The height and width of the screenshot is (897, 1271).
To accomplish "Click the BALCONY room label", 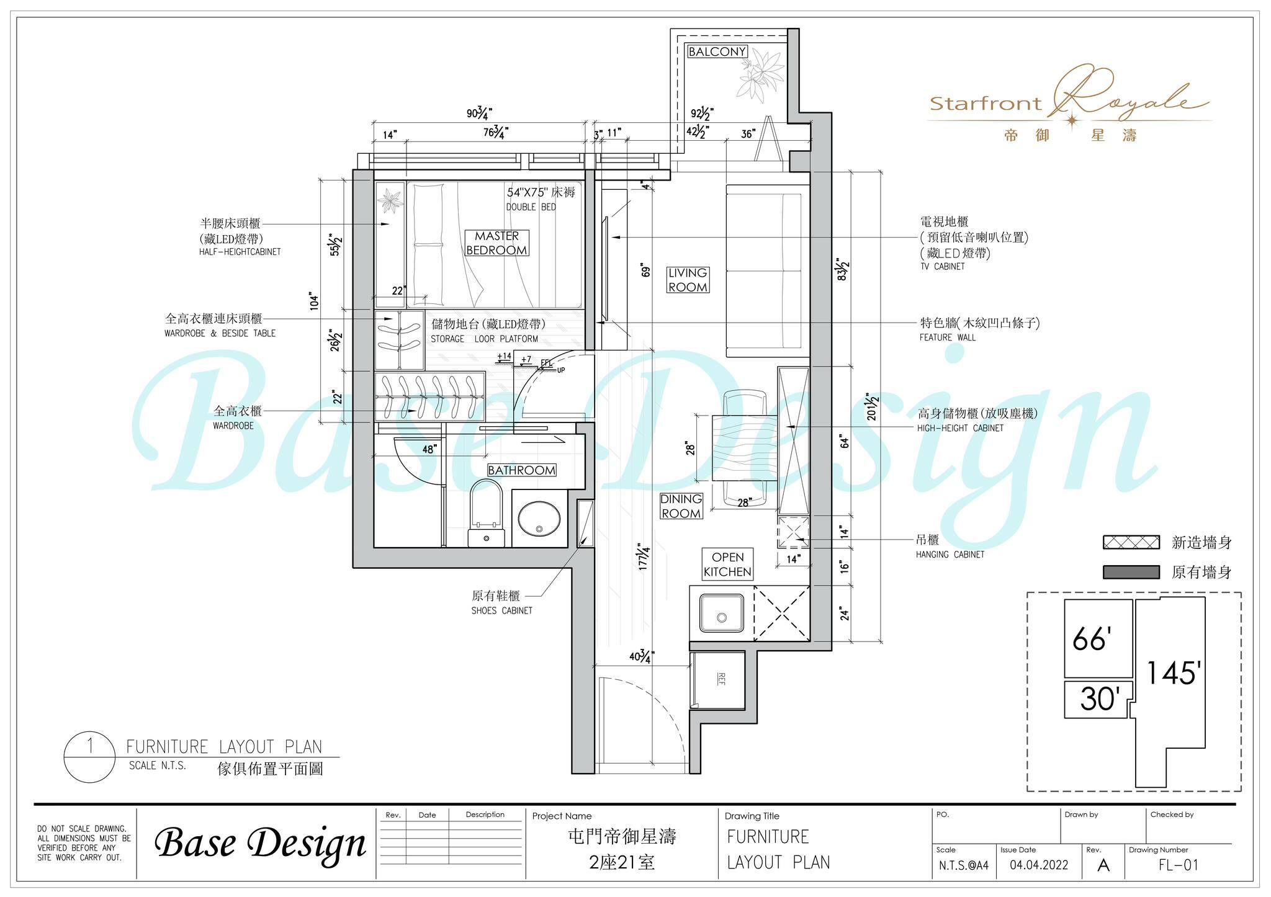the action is [717, 51].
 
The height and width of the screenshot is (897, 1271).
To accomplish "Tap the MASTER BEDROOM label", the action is [496, 243].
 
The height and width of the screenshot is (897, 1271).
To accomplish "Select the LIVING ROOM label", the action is [688, 280].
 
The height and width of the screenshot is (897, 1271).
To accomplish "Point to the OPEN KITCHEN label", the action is [727, 565].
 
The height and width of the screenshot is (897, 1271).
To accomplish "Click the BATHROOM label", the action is [521, 470].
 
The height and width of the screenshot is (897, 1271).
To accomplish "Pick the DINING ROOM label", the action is [681, 506].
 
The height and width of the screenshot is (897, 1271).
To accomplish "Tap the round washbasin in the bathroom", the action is [539, 518].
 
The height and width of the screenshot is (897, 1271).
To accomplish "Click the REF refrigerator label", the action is [721, 679].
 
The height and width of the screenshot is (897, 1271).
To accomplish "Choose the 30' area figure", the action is [1099, 699].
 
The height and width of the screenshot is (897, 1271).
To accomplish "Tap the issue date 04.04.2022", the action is [1039, 865].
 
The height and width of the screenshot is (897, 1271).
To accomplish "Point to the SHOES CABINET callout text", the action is [501, 610].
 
